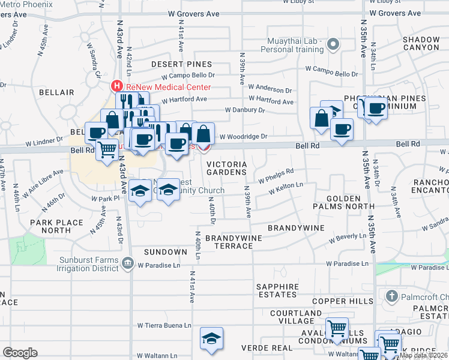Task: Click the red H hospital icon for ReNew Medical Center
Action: [118, 86]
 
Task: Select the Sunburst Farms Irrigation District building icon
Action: [127, 262]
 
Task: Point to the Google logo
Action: [20, 353]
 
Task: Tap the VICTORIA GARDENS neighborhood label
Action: [226, 168]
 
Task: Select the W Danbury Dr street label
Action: [244, 110]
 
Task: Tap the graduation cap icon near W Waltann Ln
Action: [211, 338]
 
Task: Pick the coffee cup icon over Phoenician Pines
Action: [376, 109]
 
